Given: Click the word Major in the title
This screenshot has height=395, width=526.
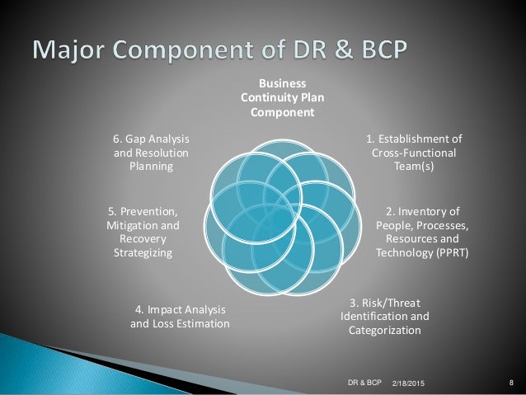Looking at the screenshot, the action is tap(69, 49).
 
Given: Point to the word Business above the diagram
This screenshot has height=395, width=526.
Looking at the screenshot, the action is tap(283, 83).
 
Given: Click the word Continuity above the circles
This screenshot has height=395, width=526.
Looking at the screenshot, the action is tap(271, 97).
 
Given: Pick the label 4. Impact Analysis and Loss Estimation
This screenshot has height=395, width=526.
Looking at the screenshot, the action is tap(180, 317).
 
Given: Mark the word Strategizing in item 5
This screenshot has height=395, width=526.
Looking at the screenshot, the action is tap(143, 253).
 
